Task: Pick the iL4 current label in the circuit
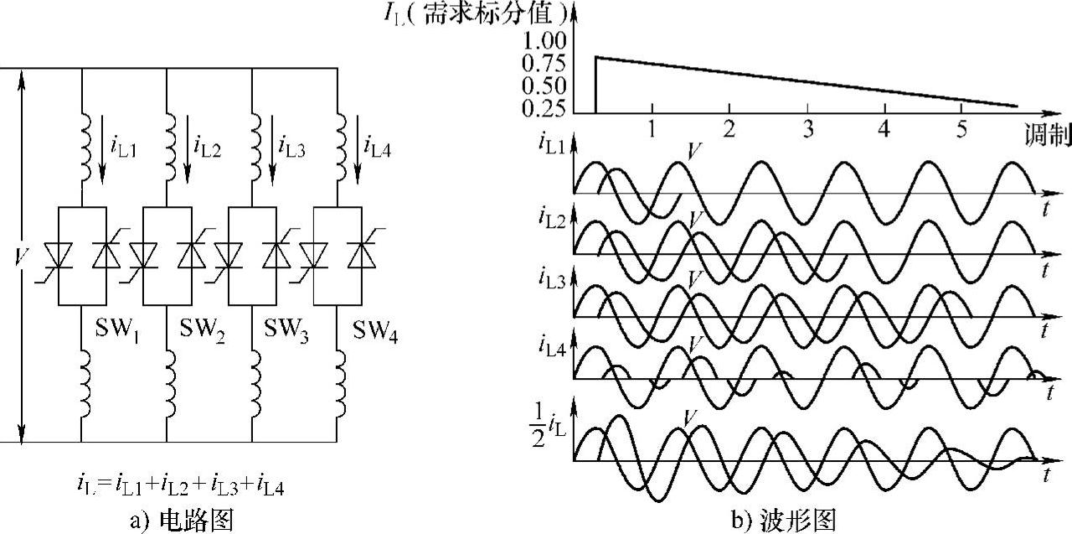tap(379, 147)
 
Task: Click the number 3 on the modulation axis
tap(807, 129)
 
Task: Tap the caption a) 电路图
tap(181, 520)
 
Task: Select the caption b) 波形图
tap(783, 520)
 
